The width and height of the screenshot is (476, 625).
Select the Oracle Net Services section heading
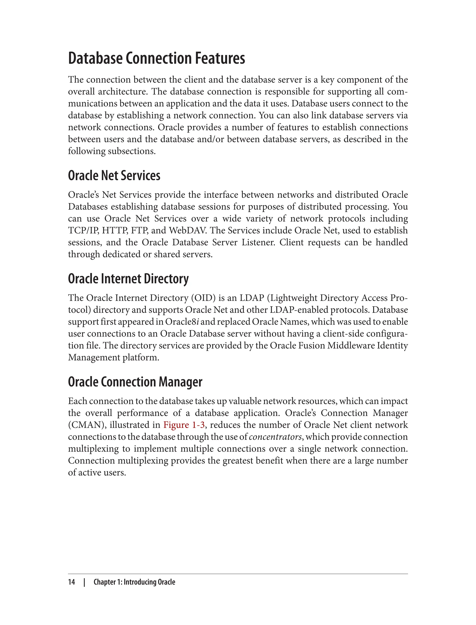pos(114,176)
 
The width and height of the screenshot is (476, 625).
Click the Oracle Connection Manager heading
pos(135,382)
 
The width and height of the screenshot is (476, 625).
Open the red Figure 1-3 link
pos(184,425)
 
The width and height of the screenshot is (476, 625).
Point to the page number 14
pos(72,582)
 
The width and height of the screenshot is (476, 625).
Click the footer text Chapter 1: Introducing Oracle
pos(134,582)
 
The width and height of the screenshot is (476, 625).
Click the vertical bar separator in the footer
pos(84,582)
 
